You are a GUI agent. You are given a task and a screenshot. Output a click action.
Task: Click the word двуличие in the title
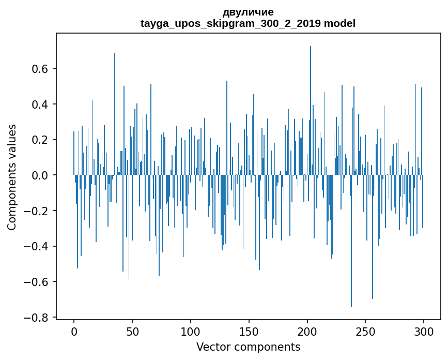[x=248, y=12]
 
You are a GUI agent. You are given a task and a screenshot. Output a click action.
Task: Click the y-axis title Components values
[x=12, y=177]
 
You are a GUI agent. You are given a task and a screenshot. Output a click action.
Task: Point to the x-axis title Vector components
[x=248, y=347]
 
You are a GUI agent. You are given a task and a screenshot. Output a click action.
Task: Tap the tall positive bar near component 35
[x=115, y=114]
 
